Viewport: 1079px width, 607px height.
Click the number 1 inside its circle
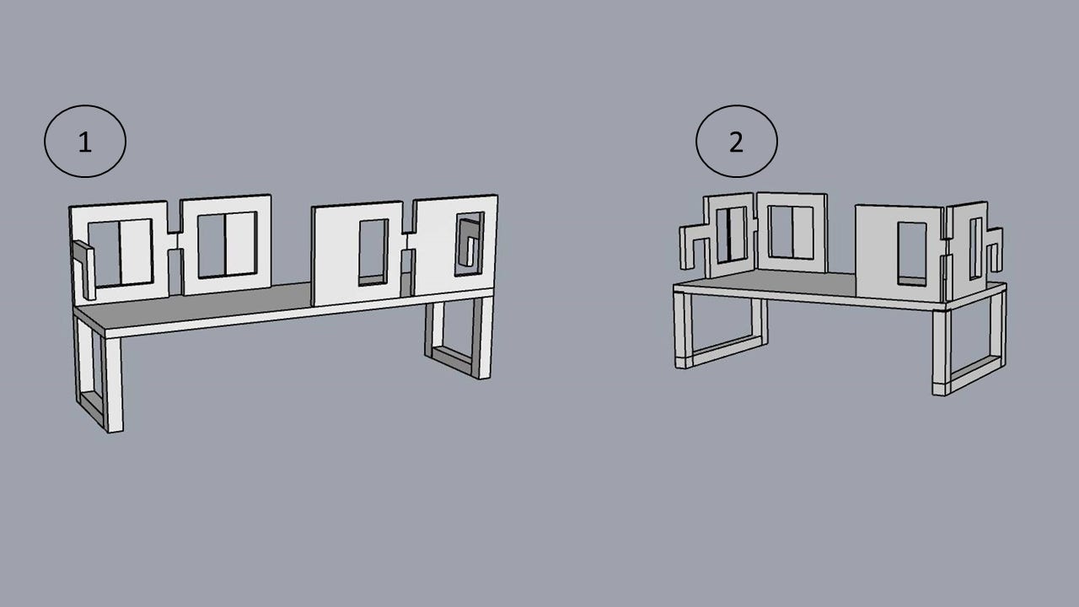[85, 142]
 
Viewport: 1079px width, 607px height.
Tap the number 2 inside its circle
[736, 142]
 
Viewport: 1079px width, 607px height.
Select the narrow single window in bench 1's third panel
[373, 252]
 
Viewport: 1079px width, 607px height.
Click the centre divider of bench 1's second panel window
[225, 245]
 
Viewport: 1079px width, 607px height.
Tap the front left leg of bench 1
[114, 384]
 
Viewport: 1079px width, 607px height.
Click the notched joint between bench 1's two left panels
[174, 241]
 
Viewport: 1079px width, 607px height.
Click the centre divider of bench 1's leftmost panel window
[120, 252]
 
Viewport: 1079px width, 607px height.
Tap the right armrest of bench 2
[994, 249]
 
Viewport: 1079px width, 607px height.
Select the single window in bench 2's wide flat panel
[912, 254]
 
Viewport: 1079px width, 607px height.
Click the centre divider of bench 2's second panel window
[792, 232]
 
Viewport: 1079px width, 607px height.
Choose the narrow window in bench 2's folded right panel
[975, 249]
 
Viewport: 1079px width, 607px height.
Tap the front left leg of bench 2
[679, 330]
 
